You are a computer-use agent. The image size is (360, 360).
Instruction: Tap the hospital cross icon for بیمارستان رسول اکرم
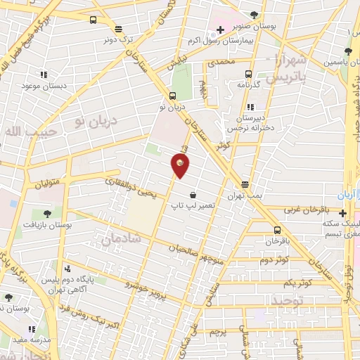(221, 30)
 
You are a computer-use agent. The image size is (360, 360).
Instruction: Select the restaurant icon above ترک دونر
(117, 30)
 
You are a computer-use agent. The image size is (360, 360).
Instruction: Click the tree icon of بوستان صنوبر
(254, 14)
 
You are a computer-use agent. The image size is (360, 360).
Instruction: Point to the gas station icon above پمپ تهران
(245, 184)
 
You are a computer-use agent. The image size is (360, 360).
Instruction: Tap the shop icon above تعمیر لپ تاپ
(193, 195)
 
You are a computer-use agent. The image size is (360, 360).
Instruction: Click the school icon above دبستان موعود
(43, 75)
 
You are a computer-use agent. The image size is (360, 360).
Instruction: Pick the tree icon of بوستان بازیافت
(47, 212)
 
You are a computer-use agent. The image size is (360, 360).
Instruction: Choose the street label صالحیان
(188, 250)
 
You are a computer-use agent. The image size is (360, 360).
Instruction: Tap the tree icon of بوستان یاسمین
(348, 51)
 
